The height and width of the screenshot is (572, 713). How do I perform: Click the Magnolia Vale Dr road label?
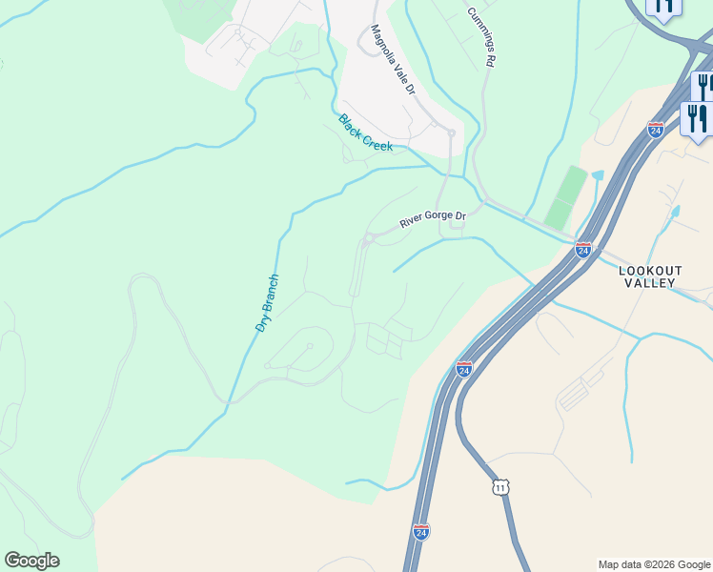click(393, 59)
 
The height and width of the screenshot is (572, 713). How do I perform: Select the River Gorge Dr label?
click(433, 219)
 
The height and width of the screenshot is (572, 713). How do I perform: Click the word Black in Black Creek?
click(350, 125)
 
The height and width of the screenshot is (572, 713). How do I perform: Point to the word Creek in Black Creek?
click(377, 139)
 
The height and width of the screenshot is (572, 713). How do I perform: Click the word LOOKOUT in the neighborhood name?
click(650, 271)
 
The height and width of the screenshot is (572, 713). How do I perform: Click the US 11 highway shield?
click(501, 487)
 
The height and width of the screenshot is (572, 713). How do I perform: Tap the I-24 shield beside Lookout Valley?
click(583, 250)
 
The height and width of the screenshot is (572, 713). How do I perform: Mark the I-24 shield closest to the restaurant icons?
click(656, 130)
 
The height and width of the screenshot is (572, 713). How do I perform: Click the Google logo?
click(31, 561)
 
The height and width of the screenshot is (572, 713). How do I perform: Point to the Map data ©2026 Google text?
click(653, 564)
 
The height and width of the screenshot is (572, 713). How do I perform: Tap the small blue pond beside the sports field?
click(598, 176)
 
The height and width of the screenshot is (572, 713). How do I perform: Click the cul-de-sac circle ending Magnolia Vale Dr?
click(451, 133)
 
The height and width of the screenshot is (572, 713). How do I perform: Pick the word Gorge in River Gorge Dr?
click(438, 218)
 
